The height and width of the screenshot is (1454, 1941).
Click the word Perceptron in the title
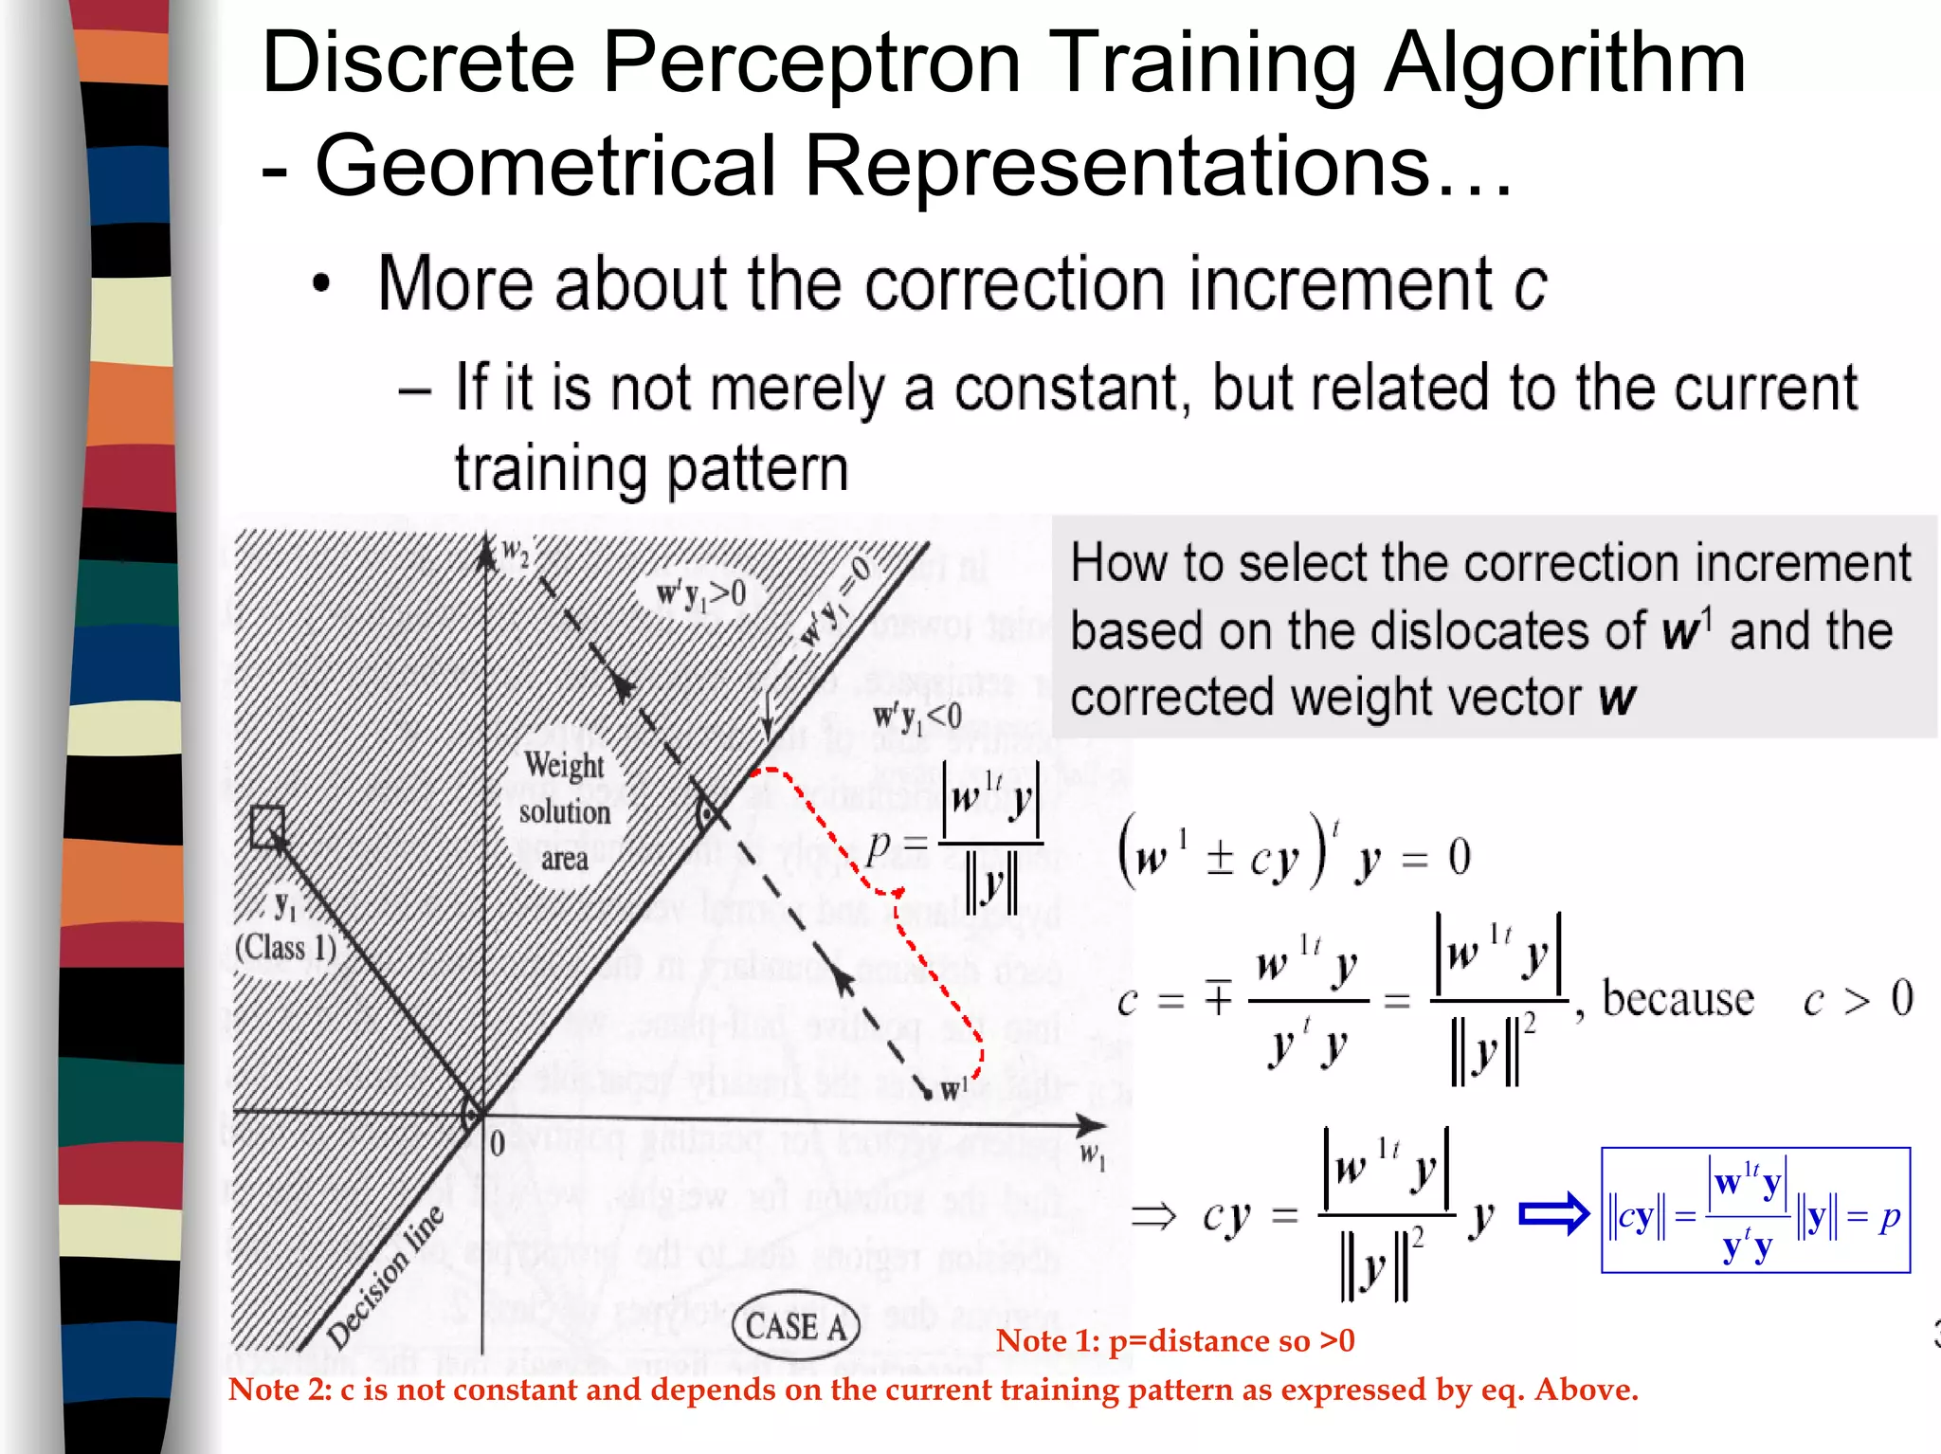coord(811,63)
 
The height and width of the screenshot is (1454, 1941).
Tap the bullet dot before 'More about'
coord(322,283)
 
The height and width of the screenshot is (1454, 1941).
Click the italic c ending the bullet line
coord(1530,284)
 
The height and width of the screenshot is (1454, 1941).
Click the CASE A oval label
coord(796,1325)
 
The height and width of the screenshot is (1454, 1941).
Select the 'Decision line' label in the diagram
coord(384,1277)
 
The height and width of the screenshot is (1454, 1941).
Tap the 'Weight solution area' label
coord(564,811)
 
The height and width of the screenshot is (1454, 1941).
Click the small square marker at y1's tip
coord(267,826)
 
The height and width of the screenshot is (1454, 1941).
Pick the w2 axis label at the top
coord(515,552)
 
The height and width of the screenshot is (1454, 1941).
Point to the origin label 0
coord(497,1143)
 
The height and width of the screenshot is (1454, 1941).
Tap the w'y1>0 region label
coord(701,594)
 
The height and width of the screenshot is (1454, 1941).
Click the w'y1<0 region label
coord(916,718)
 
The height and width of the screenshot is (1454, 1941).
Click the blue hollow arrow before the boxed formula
coord(1553,1213)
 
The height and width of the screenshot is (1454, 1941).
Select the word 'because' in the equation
coord(1678,999)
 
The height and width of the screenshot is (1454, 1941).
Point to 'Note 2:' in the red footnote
coord(280,1390)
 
